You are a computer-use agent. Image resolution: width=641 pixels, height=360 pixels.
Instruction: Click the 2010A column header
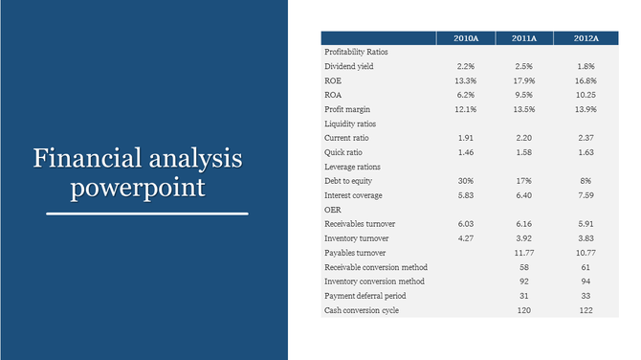coord(466,37)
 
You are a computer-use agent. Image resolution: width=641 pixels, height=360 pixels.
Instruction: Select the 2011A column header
coord(524,37)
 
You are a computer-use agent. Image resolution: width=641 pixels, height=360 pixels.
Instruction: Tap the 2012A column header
coord(586,37)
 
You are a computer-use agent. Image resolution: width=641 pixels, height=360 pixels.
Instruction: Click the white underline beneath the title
coord(147,214)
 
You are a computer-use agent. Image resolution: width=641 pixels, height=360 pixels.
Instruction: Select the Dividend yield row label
coord(350,66)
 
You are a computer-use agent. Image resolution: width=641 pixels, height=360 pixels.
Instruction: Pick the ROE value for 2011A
coord(524,80)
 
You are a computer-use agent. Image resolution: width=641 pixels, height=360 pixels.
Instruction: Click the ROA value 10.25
coord(586,95)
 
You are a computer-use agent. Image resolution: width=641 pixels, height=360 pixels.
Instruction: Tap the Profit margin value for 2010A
coord(466,109)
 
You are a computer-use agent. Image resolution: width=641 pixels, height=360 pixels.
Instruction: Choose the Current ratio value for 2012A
coord(586,138)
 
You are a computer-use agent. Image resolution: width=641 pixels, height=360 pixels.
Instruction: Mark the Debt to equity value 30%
coord(466,181)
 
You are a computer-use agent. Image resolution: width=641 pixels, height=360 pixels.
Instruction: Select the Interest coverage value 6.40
coord(524,195)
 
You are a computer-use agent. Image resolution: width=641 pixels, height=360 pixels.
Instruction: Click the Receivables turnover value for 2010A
coord(466,224)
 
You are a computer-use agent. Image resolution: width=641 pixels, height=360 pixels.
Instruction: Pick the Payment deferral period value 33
coord(586,296)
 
